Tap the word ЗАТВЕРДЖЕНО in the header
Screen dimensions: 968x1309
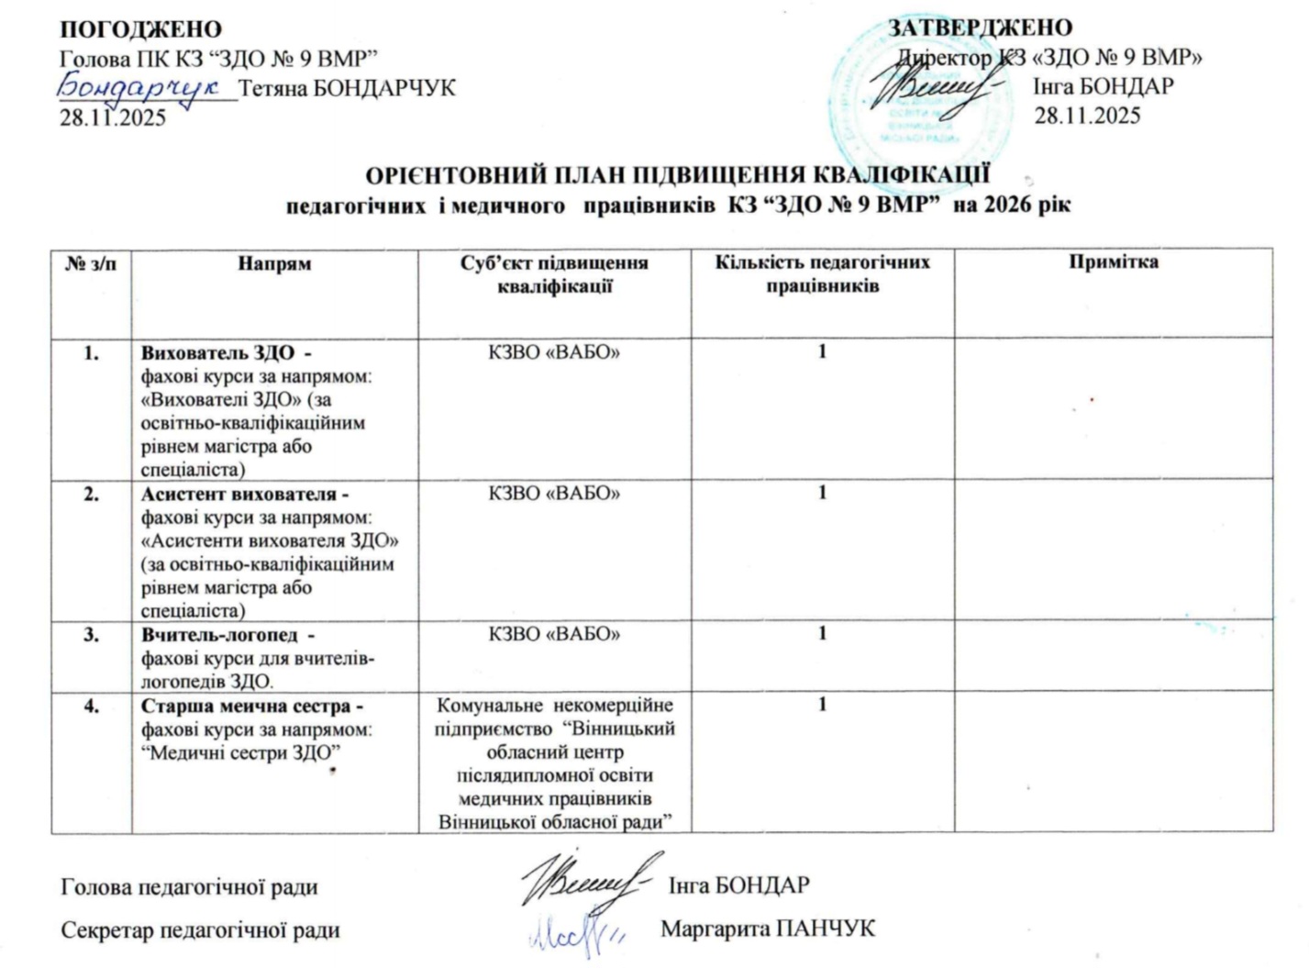tap(980, 28)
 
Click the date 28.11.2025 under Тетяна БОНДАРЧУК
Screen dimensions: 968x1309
tap(113, 117)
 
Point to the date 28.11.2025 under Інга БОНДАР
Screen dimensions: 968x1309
tap(1088, 116)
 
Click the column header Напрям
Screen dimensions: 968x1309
tap(274, 263)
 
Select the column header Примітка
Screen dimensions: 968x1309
tap(1113, 261)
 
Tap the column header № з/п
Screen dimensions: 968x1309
tap(92, 263)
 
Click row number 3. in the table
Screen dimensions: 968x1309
tap(92, 634)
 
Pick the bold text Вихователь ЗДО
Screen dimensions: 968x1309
tap(217, 352)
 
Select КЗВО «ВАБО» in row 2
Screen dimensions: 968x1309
tap(554, 494)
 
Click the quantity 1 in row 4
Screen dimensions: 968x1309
tap(823, 705)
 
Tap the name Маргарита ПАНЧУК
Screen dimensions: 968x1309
tap(768, 929)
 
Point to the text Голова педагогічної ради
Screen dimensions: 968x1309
tap(189, 887)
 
